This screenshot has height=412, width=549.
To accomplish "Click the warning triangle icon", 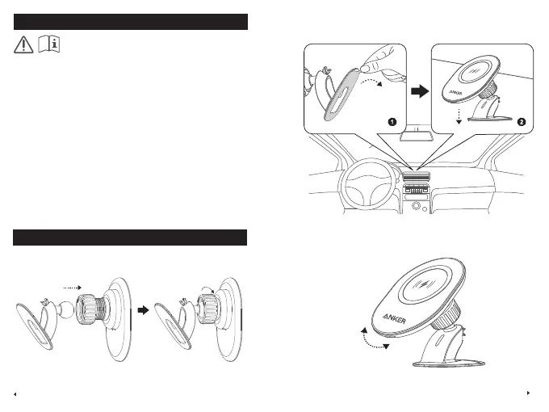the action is point(26,46).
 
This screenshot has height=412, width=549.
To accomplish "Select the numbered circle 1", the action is point(391,122).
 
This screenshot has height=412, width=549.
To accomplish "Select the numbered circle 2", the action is point(522,122).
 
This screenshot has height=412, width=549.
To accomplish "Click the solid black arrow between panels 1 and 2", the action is point(419,91).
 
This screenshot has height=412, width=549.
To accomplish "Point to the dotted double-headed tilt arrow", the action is point(374,335).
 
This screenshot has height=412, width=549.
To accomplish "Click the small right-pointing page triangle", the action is point(528,393).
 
